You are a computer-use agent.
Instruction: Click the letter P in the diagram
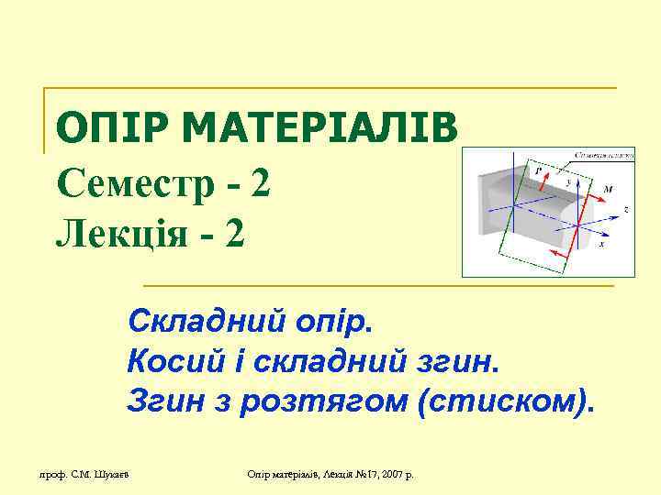point(537,171)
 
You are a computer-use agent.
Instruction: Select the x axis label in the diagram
point(600,245)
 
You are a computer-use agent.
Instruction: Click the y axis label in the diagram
point(566,182)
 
